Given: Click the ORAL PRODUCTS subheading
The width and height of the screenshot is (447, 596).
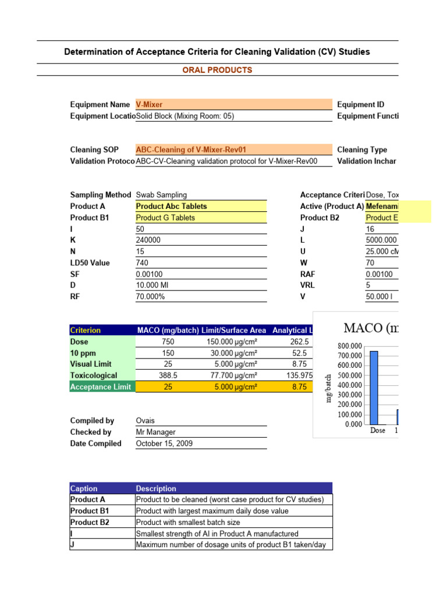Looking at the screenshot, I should coord(218,70).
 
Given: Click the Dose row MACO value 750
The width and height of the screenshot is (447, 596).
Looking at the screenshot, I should coord(168,342).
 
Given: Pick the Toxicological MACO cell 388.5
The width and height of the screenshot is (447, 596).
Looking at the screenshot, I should coord(168,375).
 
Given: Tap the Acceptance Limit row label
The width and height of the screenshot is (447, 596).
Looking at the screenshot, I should coord(101,387).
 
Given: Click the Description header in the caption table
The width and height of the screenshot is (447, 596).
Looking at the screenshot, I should coord(156,488).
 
